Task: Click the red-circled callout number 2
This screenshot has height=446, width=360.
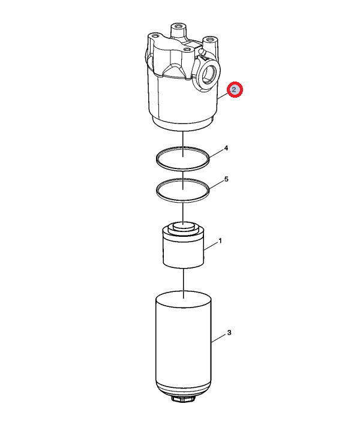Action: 235,89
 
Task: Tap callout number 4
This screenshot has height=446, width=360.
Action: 226,148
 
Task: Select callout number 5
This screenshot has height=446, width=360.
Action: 226,179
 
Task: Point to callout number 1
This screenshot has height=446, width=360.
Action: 220,241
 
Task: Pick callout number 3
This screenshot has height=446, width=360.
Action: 229,333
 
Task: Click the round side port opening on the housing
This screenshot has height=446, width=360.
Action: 209,74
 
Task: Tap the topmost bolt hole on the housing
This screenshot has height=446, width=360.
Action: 178,26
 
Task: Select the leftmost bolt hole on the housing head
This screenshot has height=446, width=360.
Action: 155,36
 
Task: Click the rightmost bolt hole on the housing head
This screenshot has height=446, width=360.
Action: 210,39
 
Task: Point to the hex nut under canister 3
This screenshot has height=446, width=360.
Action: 183,399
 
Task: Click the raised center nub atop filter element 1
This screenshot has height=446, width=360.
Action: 183,226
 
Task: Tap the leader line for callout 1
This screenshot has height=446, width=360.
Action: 211,246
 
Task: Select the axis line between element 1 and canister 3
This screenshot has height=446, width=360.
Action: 184,283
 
